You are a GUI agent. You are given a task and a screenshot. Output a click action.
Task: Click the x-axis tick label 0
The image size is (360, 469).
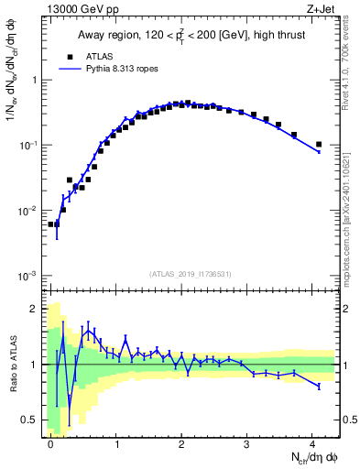[x=50, y=443]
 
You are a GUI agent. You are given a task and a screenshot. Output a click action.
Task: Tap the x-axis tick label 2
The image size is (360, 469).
[x=182, y=443]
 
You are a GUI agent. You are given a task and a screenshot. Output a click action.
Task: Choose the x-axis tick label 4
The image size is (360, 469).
[x=313, y=443]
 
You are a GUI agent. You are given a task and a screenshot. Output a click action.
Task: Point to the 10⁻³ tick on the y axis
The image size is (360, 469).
[x=29, y=277]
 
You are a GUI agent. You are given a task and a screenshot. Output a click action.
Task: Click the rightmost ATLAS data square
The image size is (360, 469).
[x=319, y=144]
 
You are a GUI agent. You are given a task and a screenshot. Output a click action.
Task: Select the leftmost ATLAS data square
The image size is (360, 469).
[x=51, y=224]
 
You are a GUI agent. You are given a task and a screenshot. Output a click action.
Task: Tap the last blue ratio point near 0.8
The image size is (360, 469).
[x=319, y=387]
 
